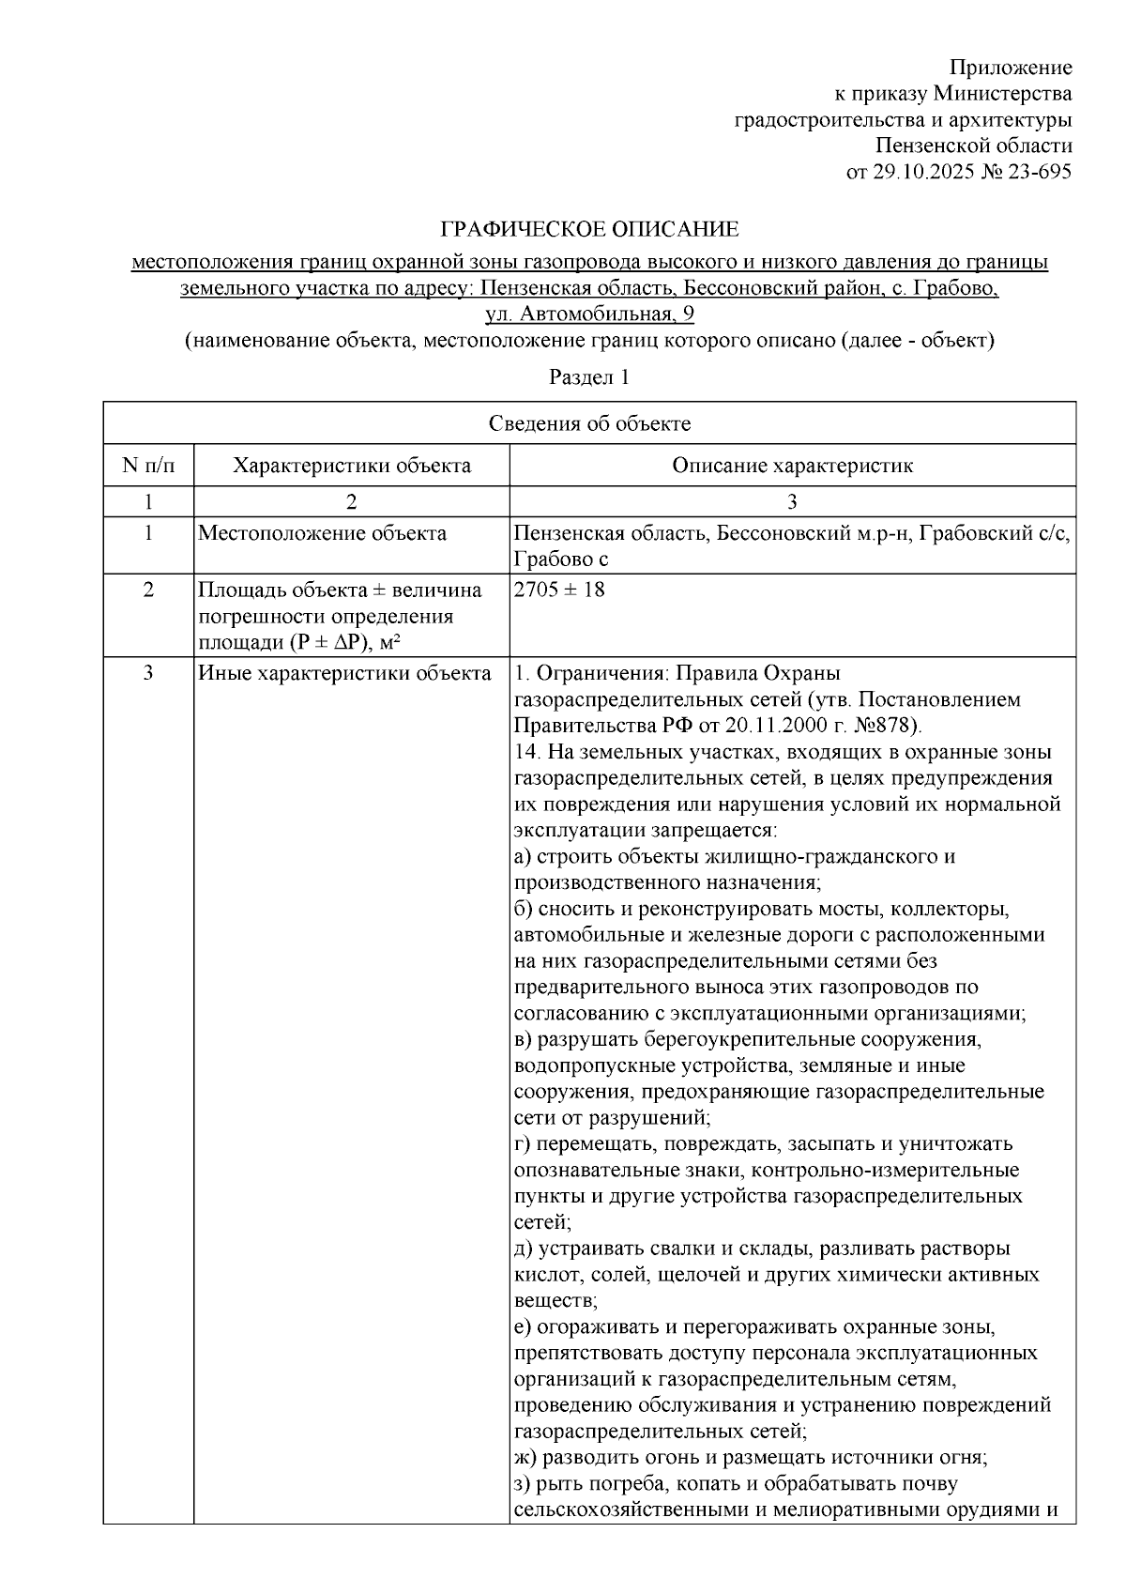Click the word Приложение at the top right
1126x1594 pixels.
pyautogui.click(x=1010, y=68)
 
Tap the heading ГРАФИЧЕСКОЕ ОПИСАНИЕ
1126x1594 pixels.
pyautogui.click(x=590, y=230)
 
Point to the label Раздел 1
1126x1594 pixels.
pyautogui.click(x=588, y=377)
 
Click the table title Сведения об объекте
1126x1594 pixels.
pyautogui.click(x=589, y=423)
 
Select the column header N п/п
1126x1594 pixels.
pyautogui.click(x=147, y=466)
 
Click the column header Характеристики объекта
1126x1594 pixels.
pyautogui.click(x=351, y=466)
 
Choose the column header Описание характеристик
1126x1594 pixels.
pyautogui.click(x=792, y=466)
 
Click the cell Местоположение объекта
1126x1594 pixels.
pyautogui.click(x=322, y=534)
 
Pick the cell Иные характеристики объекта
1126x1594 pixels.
pyautogui.click(x=343, y=673)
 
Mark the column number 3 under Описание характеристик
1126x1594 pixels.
pyautogui.click(x=792, y=501)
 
